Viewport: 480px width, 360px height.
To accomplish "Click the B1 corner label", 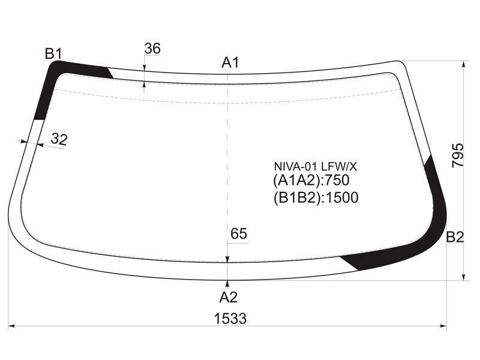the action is (53, 53).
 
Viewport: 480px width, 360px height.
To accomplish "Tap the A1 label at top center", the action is (230, 62).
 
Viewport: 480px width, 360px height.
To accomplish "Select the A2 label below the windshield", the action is (229, 297).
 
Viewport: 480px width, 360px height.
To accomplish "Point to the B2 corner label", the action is (455, 236).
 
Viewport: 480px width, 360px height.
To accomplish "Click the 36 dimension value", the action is (152, 49).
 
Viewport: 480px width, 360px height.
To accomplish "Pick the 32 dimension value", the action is (59, 139).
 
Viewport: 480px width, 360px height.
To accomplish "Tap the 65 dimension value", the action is (239, 234).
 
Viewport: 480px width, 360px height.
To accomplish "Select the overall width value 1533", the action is (230, 319).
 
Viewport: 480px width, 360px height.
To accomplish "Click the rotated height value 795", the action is (458, 155).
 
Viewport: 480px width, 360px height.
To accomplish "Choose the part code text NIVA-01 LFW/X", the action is (316, 167).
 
